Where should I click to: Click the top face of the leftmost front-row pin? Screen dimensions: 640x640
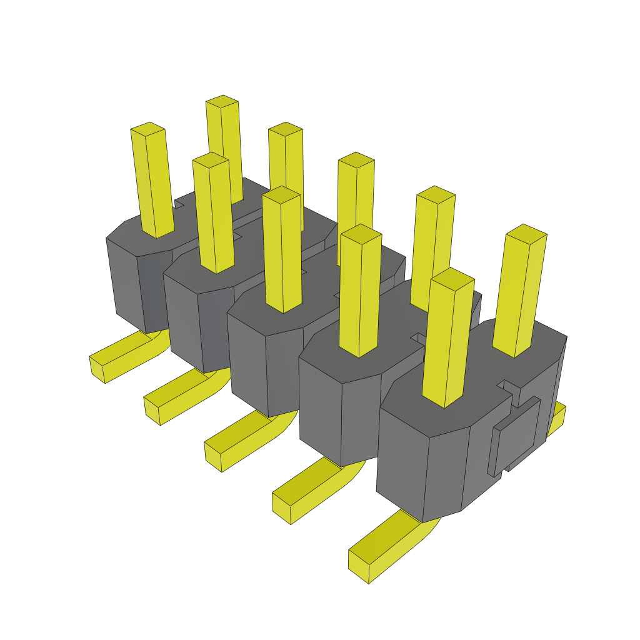[x=148, y=129]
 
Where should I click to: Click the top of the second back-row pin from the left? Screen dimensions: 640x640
[x=286, y=129]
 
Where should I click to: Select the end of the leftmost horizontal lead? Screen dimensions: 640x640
[x=97, y=369]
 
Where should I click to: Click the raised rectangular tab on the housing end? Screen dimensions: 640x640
[x=515, y=435]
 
